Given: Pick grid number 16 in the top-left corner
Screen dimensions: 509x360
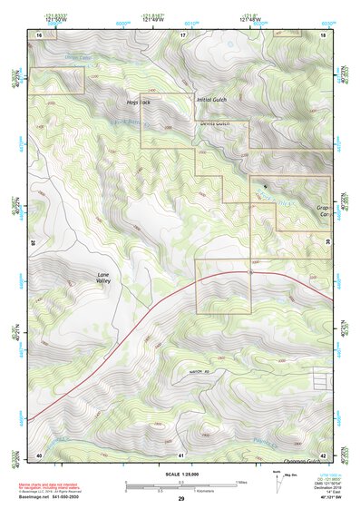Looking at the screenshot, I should [39, 34].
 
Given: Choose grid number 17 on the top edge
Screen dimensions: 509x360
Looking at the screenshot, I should [182, 34].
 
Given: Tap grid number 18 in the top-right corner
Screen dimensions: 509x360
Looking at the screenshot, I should [324, 34].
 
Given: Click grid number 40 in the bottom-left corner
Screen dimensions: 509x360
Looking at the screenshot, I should [39, 454].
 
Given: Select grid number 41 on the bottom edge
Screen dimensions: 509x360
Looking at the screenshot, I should [181, 454].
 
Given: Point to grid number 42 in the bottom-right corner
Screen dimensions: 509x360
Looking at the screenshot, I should [324, 454].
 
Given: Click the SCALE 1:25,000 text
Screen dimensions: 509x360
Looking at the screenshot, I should [181, 475].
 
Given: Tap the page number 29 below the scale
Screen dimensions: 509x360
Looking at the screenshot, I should [181, 499].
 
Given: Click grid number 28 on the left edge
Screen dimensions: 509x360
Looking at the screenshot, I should [34, 242].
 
